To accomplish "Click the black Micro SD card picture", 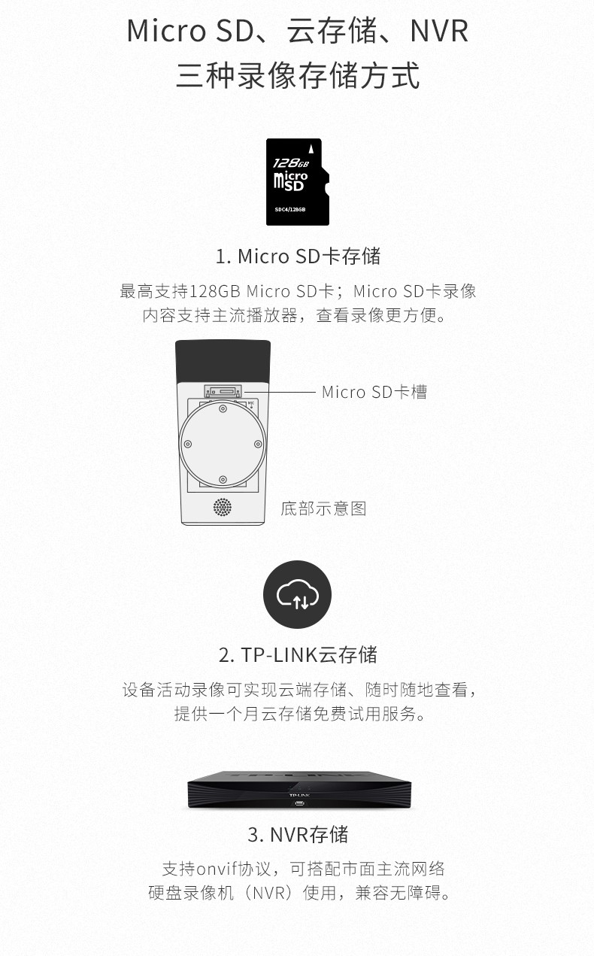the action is (298, 182).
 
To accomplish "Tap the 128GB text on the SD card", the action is (290, 162).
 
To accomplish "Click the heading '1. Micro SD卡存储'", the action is (298, 256).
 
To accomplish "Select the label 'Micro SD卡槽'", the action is (374, 392).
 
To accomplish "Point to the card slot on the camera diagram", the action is (223, 390).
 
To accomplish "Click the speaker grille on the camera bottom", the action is (223, 507).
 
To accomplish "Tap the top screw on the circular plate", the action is (223, 408).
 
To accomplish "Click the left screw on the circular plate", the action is (187, 444).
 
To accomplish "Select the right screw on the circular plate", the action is (258, 444).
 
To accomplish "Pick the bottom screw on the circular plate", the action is (223, 480).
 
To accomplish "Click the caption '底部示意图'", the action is (323, 508).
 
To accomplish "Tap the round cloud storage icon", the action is (297, 594).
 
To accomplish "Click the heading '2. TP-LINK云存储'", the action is (298, 654).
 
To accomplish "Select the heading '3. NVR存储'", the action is (298, 834).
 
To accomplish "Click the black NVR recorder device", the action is (299, 789).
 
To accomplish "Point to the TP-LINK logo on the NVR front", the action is (299, 795).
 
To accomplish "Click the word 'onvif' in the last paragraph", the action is (217, 869).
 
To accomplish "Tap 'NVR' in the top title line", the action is (439, 31).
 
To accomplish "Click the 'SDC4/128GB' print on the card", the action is (290, 209).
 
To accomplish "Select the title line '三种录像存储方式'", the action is (298, 75).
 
